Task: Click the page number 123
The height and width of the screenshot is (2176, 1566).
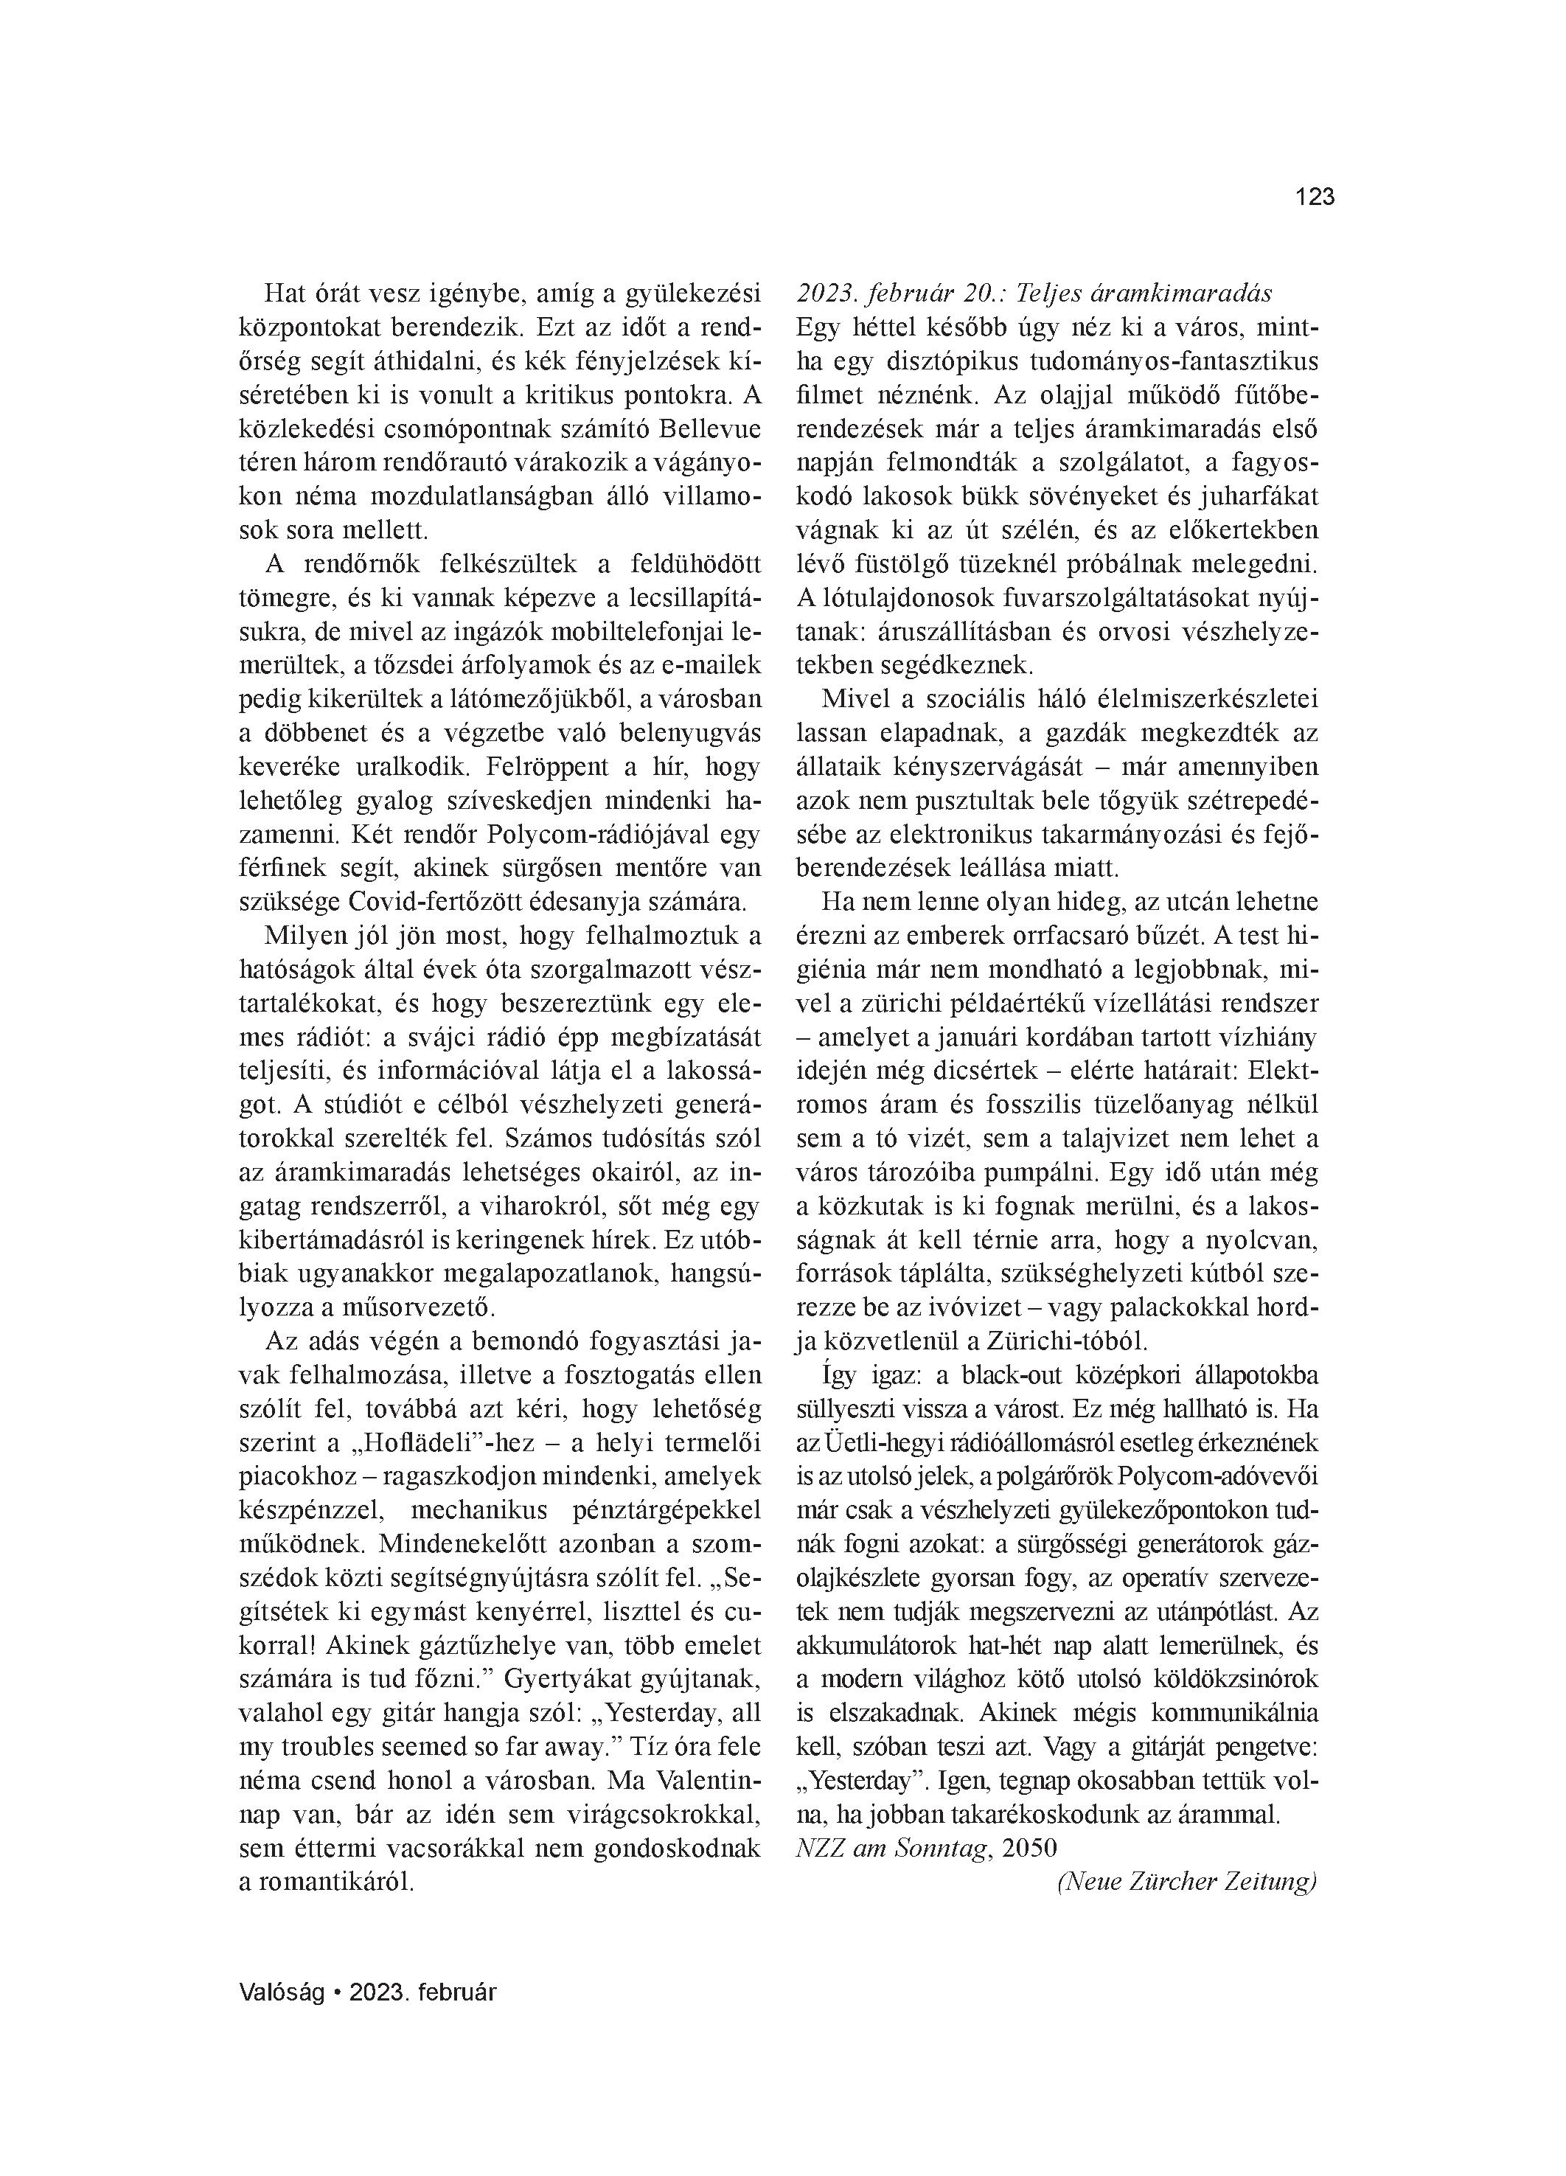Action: [1314, 197]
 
